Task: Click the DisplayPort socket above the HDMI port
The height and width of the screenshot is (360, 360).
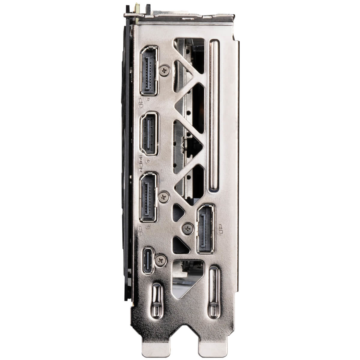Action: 149,70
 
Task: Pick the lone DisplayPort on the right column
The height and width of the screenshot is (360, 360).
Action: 205,229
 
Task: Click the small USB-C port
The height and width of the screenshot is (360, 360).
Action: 148,260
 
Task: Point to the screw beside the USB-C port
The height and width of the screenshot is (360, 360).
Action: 162,260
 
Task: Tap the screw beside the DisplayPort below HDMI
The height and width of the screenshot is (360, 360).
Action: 163,197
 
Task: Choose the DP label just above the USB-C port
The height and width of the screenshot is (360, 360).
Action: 140,230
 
